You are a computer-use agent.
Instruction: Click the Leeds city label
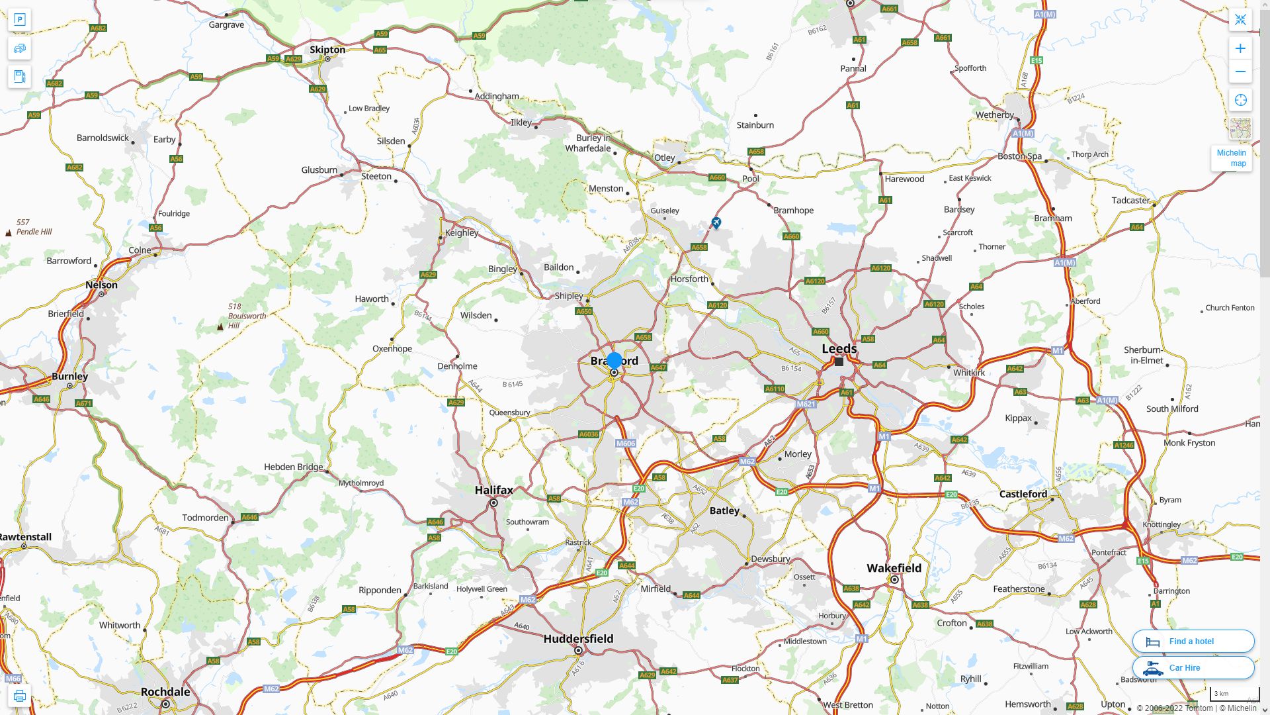pos(839,348)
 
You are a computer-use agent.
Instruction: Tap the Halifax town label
pos(493,490)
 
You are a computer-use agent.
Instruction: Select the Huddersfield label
pos(578,639)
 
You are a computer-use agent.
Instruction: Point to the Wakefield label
pos(894,568)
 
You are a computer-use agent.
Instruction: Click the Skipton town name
pos(327,50)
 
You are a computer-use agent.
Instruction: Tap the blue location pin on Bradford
pos(614,361)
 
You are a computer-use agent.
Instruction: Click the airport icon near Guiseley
pos(716,222)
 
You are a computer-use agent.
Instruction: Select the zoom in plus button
pos(1240,48)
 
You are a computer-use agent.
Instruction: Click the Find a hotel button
pos(1193,642)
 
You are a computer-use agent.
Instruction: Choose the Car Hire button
pos(1193,668)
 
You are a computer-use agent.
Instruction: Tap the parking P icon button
pos(20,20)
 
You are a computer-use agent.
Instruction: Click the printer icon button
pos(20,696)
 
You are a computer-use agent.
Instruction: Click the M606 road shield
pos(625,444)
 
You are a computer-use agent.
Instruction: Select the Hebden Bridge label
pos(293,467)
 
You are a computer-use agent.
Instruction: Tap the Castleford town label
pos(1023,494)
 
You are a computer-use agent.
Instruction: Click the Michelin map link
pos(1231,158)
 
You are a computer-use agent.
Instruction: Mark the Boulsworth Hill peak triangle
pos(220,326)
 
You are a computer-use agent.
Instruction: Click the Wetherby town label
pos(994,115)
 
